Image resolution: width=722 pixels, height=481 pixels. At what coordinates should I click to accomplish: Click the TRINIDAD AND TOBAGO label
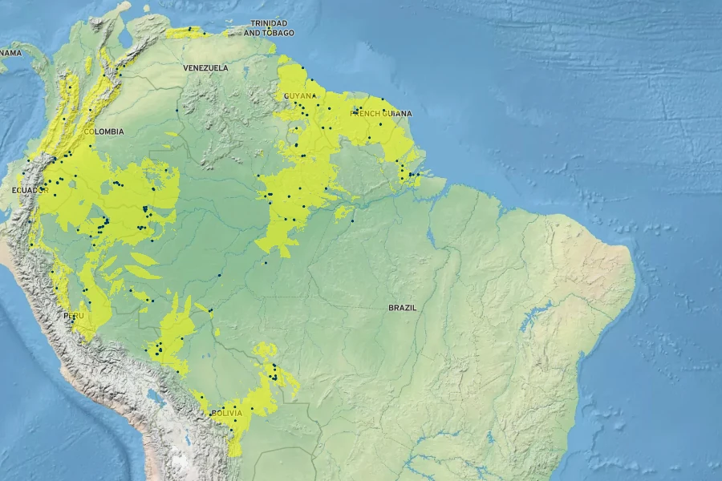(269, 28)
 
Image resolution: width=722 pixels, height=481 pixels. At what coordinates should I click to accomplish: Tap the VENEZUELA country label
(205, 68)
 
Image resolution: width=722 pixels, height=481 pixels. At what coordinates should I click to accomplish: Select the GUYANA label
(299, 96)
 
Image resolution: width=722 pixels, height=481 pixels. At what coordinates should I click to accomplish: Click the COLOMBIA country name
(103, 131)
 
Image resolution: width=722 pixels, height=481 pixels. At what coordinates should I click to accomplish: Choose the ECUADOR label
(30, 190)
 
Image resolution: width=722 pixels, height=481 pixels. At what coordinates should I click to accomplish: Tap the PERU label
(74, 316)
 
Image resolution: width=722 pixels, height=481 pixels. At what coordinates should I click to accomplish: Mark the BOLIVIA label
(225, 413)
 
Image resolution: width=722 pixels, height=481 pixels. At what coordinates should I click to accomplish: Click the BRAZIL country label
(403, 308)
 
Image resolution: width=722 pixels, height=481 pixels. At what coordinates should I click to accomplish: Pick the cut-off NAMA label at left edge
(10, 53)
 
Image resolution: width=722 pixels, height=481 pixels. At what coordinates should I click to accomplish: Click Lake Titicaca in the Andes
(154, 396)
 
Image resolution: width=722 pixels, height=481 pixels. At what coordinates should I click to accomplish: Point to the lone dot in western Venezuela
(176, 110)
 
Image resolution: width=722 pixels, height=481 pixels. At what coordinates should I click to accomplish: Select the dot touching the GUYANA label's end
(315, 95)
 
